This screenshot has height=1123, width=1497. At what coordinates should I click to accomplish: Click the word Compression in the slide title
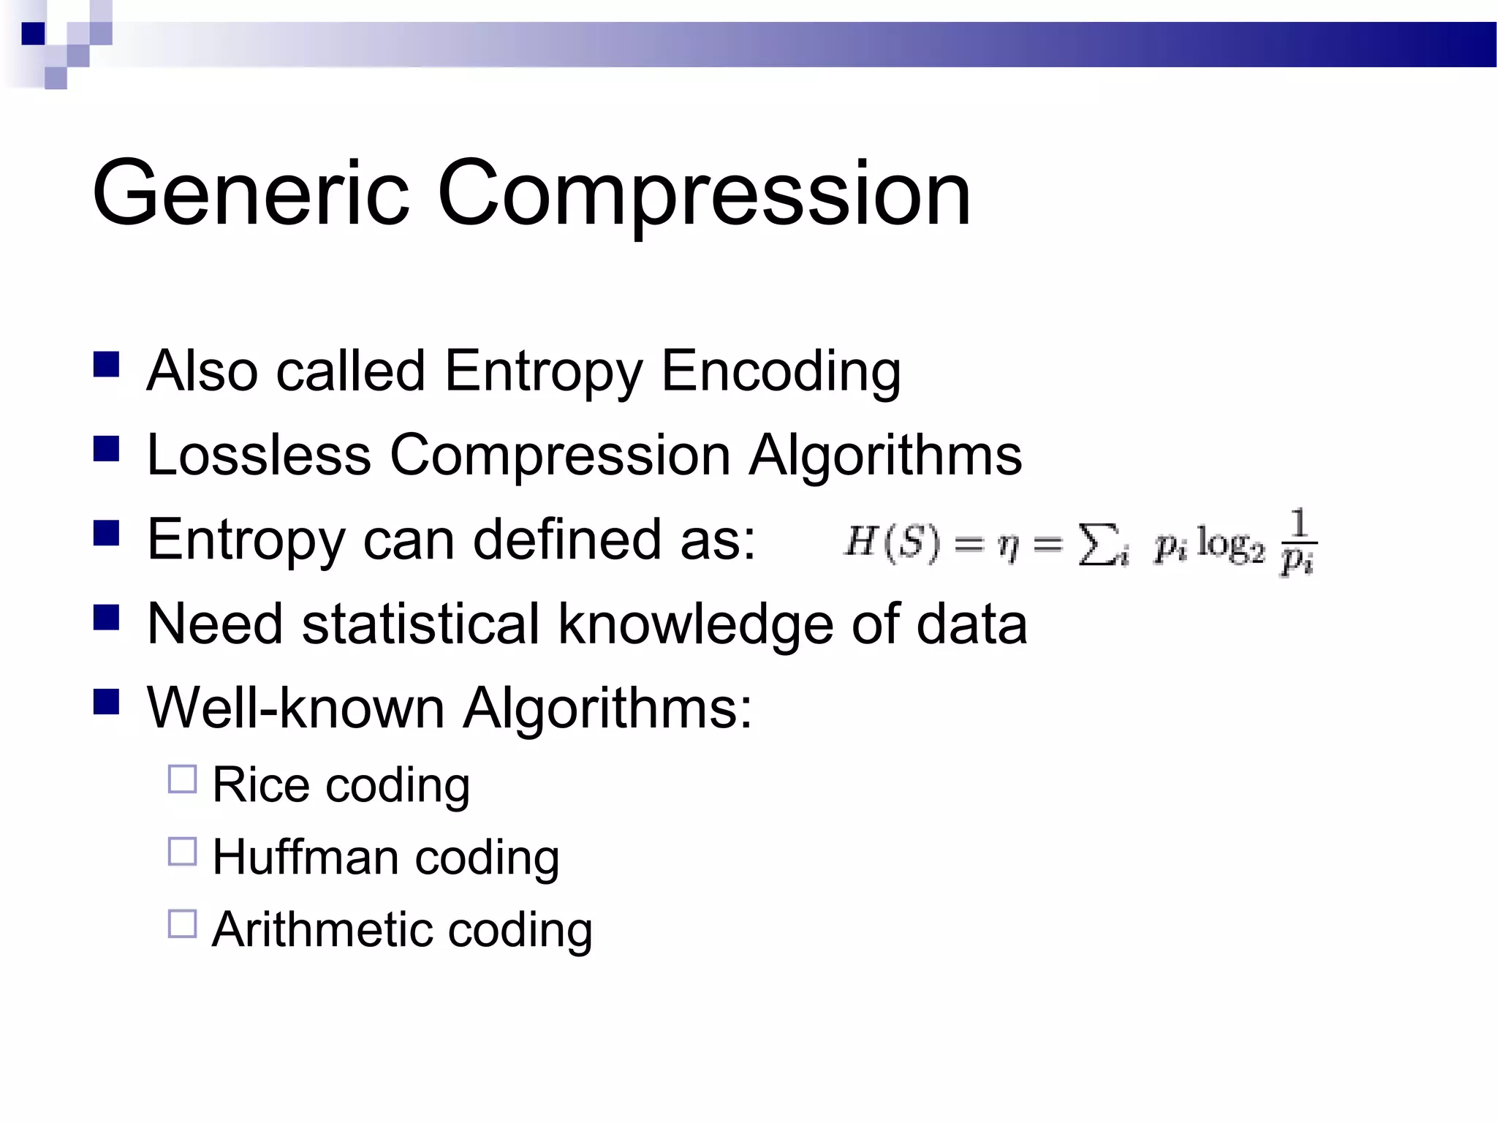click(x=703, y=194)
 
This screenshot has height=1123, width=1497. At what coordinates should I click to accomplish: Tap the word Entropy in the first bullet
click(x=543, y=371)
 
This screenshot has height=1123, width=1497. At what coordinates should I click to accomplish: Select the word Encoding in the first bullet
click(x=780, y=371)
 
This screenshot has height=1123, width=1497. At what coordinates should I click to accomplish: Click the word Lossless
click(x=259, y=455)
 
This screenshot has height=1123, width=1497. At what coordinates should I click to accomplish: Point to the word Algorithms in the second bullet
click(x=885, y=455)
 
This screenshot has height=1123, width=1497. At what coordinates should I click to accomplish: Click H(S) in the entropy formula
click(x=891, y=543)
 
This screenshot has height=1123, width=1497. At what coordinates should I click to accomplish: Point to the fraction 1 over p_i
click(x=1298, y=543)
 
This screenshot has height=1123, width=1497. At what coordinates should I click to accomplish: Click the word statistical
click(x=420, y=624)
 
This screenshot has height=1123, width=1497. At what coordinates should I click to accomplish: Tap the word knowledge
click(x=695, y=624)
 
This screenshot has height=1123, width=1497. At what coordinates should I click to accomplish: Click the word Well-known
click(x=295, y=708)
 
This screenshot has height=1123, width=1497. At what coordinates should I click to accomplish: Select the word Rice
click(x=260, y=785)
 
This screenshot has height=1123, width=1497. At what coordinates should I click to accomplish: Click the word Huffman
click(x=305, y=857)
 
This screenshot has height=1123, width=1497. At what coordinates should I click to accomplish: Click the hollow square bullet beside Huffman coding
click(x=182, y=852)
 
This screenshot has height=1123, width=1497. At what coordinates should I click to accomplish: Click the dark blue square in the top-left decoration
click(x=33, y=34)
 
